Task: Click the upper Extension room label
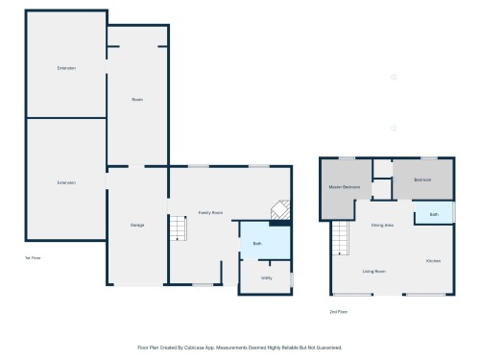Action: coord(66,68)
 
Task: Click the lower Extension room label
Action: coord(66,182)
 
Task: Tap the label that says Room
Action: coord(138,99)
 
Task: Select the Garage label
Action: coord(137,225)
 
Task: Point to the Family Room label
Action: coord(210,212)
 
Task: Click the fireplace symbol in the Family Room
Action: coord(277,211)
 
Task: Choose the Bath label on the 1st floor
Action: coord(257,244)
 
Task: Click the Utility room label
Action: coord(265,277)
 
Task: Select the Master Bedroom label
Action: coord(344,185)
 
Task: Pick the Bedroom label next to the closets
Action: coord(423,180)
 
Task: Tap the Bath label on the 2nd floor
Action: coord(434,214)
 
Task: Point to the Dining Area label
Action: coord(382,225)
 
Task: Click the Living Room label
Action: coord(374,272)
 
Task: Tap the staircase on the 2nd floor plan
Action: coord(342,237)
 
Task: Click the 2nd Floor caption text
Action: coord(337,312)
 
